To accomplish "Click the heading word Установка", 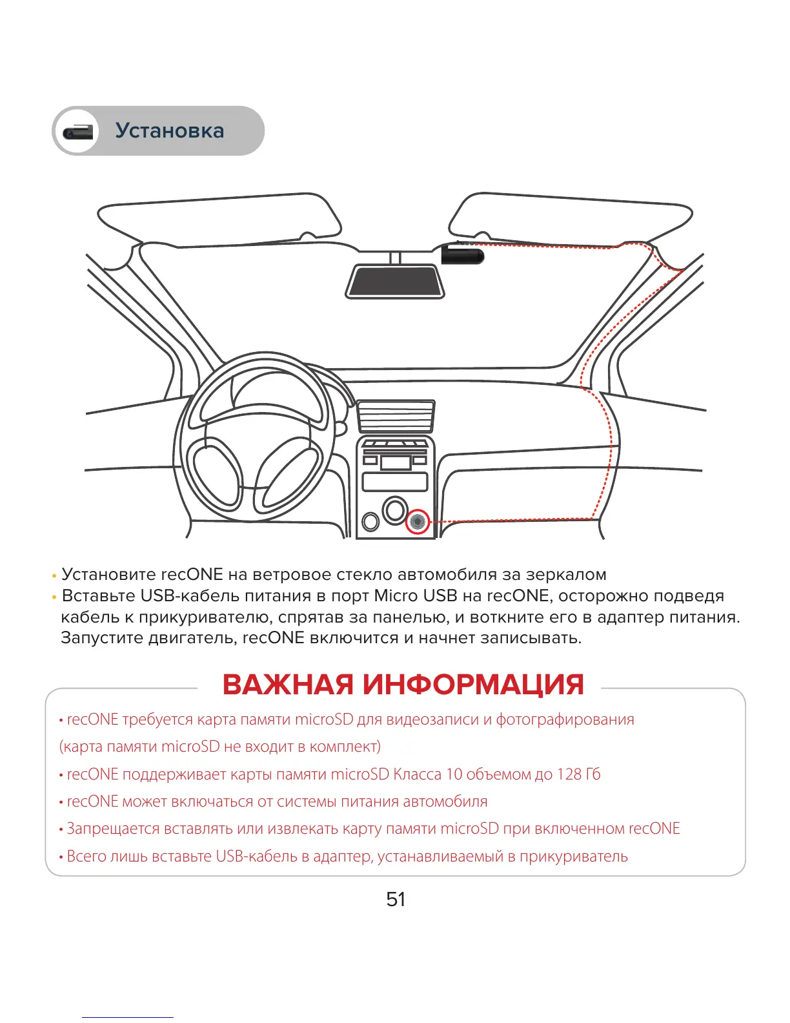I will (x=170, y=130).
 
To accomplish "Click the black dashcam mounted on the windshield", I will (x=462, y=254).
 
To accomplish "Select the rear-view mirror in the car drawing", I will (x=395, y=282).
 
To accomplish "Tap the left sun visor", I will (x=219, y=223).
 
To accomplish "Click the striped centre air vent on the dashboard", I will (x=395, y=417).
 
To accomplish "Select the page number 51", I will (x=396, y=899).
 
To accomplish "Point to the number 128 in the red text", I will (x=569, y=774).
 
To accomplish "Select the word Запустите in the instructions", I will (x=102, y=638).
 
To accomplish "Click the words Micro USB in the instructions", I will (x=415, y=595).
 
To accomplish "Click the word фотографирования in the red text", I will (x=565, y=719).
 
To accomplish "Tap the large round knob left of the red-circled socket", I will (x=394, y=510).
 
